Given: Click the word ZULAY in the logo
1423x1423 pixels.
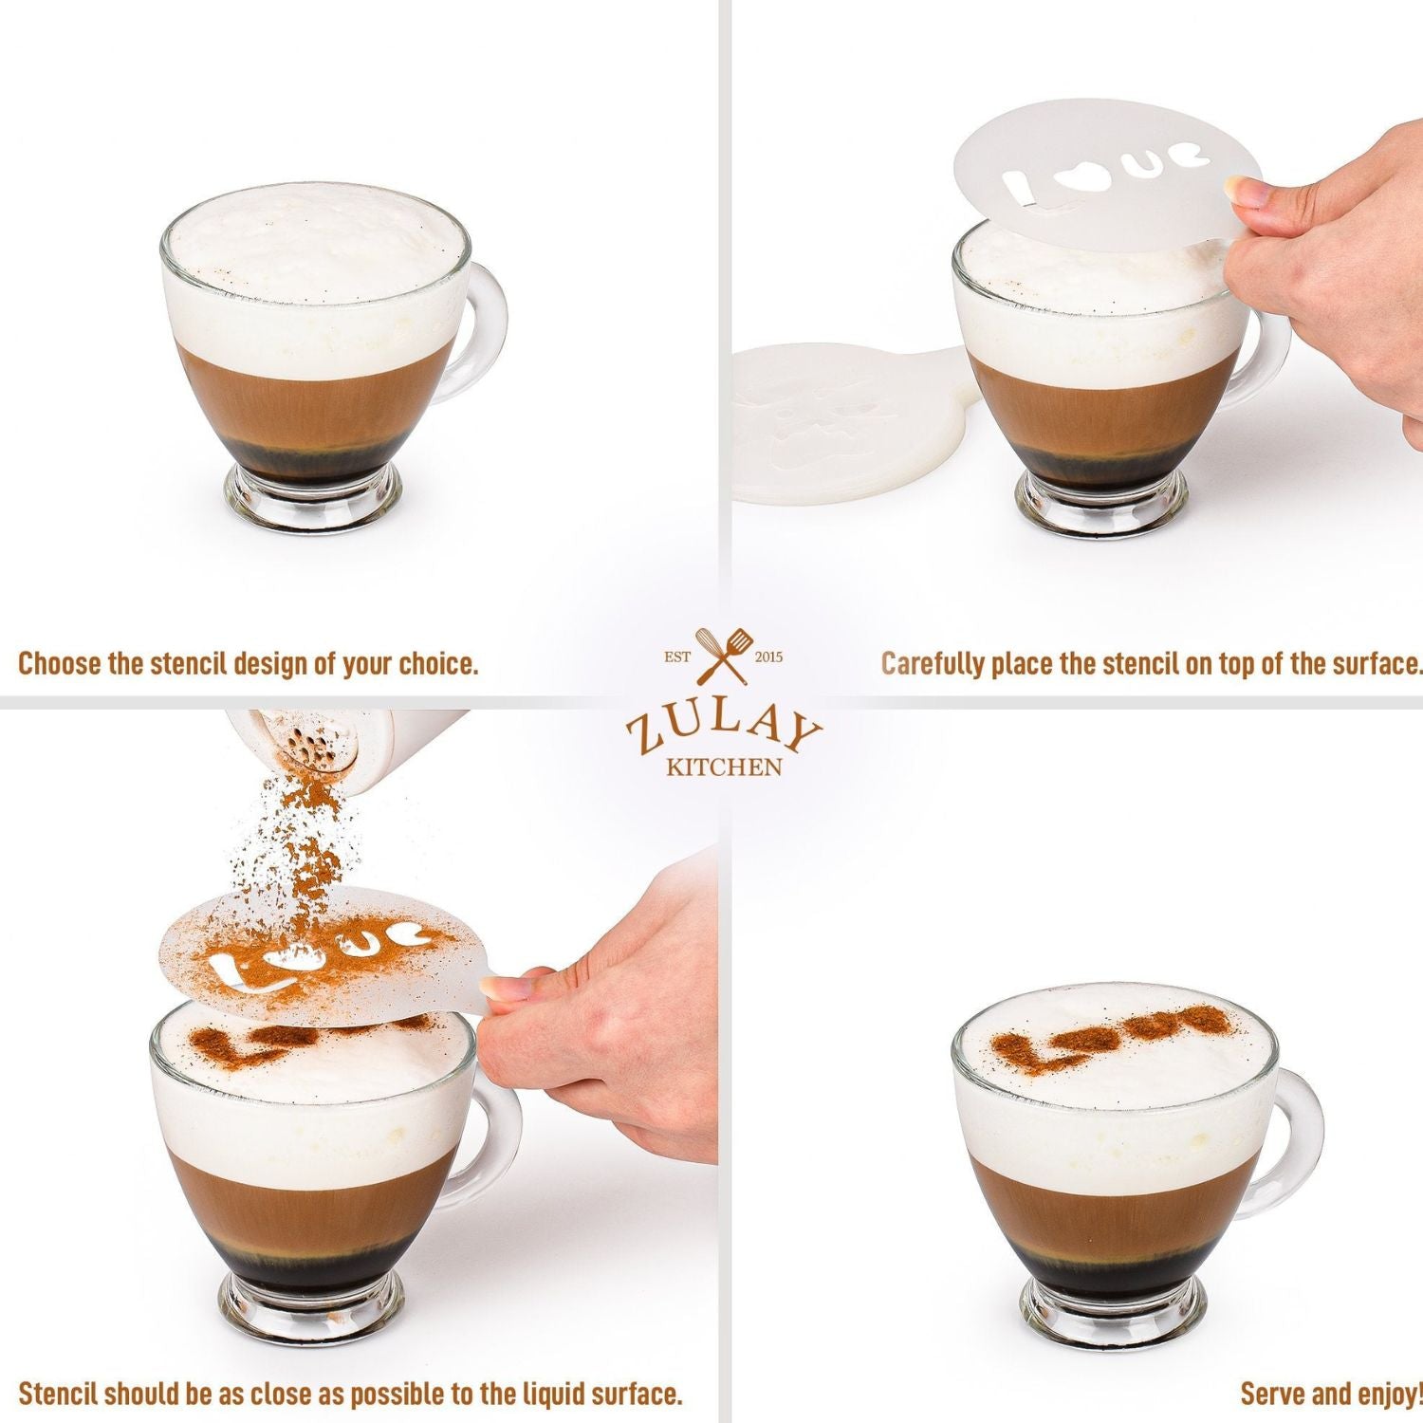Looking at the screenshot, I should tap(723, 730).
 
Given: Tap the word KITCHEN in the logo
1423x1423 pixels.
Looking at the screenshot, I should tap(724, 767).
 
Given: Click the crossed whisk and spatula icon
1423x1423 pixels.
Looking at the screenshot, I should tap(722, 656).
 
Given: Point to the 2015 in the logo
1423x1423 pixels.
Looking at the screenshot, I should tap(768, 656).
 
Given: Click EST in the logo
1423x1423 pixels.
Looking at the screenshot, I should tap(676, 656).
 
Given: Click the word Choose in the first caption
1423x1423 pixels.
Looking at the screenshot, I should tap(60, 663).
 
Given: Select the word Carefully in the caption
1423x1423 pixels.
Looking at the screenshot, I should tap(933, 664).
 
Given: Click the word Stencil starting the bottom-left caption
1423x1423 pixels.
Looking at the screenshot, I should tap(59, 1394).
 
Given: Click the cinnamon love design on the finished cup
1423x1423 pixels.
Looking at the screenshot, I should tap(1110, 1036).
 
